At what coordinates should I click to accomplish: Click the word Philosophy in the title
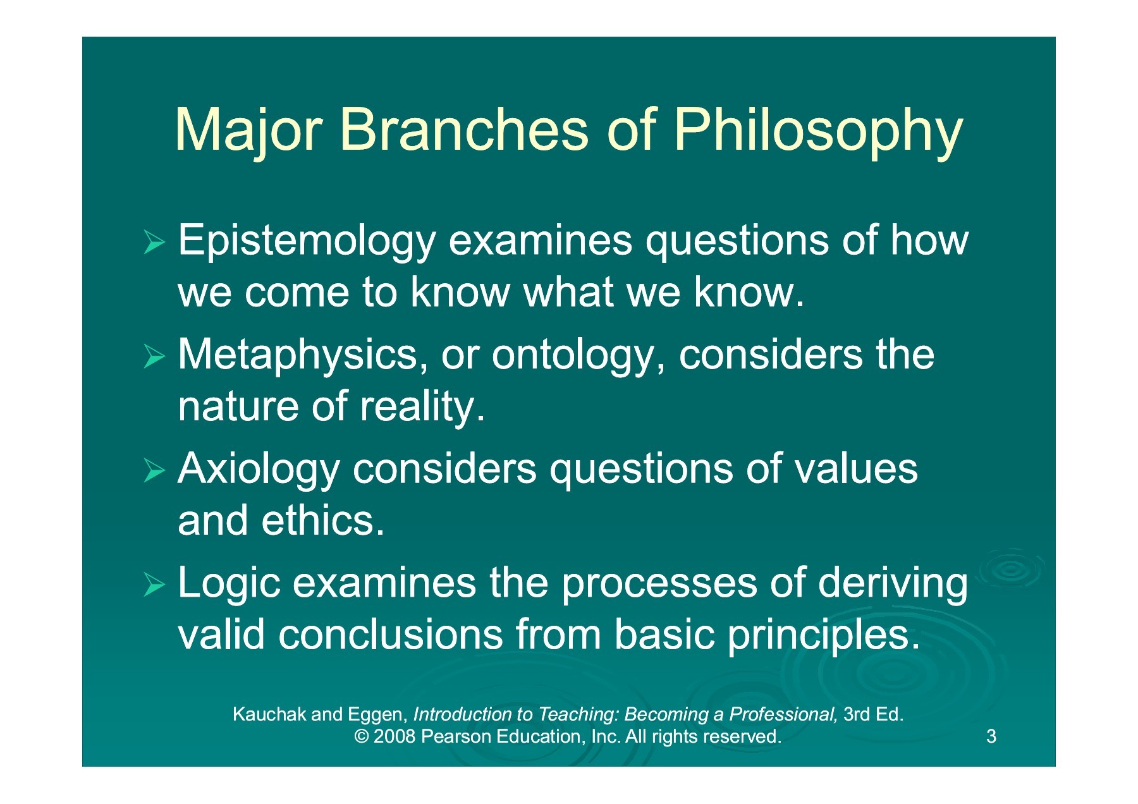[x=818, y=131]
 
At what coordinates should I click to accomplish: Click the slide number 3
[x=991, y=736]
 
